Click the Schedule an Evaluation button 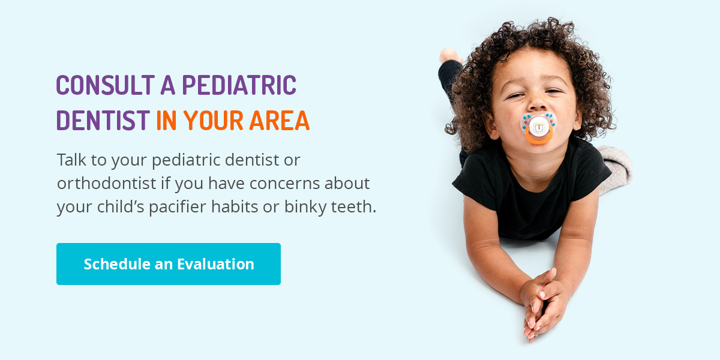[169, 264]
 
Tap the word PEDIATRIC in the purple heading [239, 85]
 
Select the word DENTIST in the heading [103, 120]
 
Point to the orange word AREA [280, 120]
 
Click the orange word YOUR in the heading [213, 120]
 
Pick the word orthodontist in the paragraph [107, 183]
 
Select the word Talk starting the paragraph [71, 160]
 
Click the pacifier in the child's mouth [538, 128]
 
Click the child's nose [537, 103]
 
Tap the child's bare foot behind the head [449, 55]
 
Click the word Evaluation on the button [215, 264]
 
